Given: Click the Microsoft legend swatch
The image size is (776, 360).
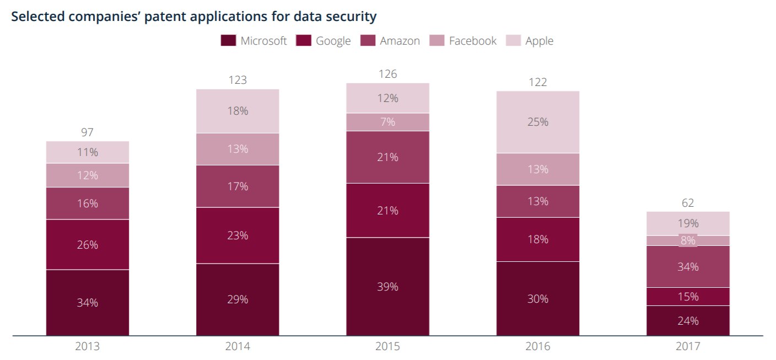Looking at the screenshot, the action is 228,41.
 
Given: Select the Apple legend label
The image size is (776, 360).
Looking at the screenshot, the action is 539,41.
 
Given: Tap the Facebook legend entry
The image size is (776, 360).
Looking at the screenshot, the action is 463,41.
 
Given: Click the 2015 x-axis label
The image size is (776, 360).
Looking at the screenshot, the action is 387,346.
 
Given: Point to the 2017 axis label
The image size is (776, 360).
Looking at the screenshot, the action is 688,346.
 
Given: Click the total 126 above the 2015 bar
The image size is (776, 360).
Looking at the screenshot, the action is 387,74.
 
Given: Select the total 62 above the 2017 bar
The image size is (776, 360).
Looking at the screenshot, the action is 688,203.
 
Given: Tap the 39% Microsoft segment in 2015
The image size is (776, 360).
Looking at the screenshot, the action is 387,287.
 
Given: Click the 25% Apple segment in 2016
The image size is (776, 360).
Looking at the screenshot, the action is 538,122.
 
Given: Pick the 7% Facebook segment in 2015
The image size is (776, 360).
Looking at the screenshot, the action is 387,122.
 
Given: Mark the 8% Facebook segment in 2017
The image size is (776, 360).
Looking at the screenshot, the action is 688,240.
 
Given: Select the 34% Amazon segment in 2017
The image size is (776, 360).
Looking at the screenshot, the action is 688,266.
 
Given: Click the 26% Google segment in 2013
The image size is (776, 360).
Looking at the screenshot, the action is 87,245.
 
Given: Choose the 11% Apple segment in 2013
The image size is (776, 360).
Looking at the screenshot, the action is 87,152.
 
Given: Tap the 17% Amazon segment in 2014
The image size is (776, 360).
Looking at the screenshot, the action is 238,186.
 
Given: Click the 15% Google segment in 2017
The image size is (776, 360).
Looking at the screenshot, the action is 688,297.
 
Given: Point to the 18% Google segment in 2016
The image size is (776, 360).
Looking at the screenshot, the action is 538,239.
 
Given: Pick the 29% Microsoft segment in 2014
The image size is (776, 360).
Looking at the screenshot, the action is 238,299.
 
